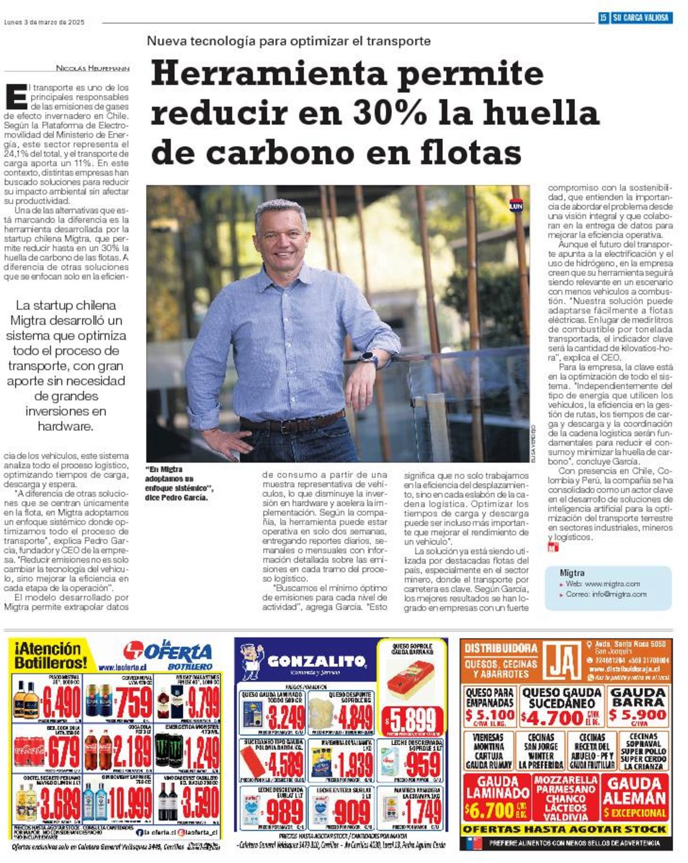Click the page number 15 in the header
pos(603,18)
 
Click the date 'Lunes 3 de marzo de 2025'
pos(44,22)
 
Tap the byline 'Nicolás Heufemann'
pos(93,68)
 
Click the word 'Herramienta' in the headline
pos(269,74)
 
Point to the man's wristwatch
pos(369,359)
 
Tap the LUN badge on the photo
pos(516,206)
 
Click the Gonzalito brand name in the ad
pos(316,661)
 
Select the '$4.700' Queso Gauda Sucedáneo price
pos(551,716)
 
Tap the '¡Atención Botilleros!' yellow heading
pos(48,655)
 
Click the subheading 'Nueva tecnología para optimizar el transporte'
pos(289,41)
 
